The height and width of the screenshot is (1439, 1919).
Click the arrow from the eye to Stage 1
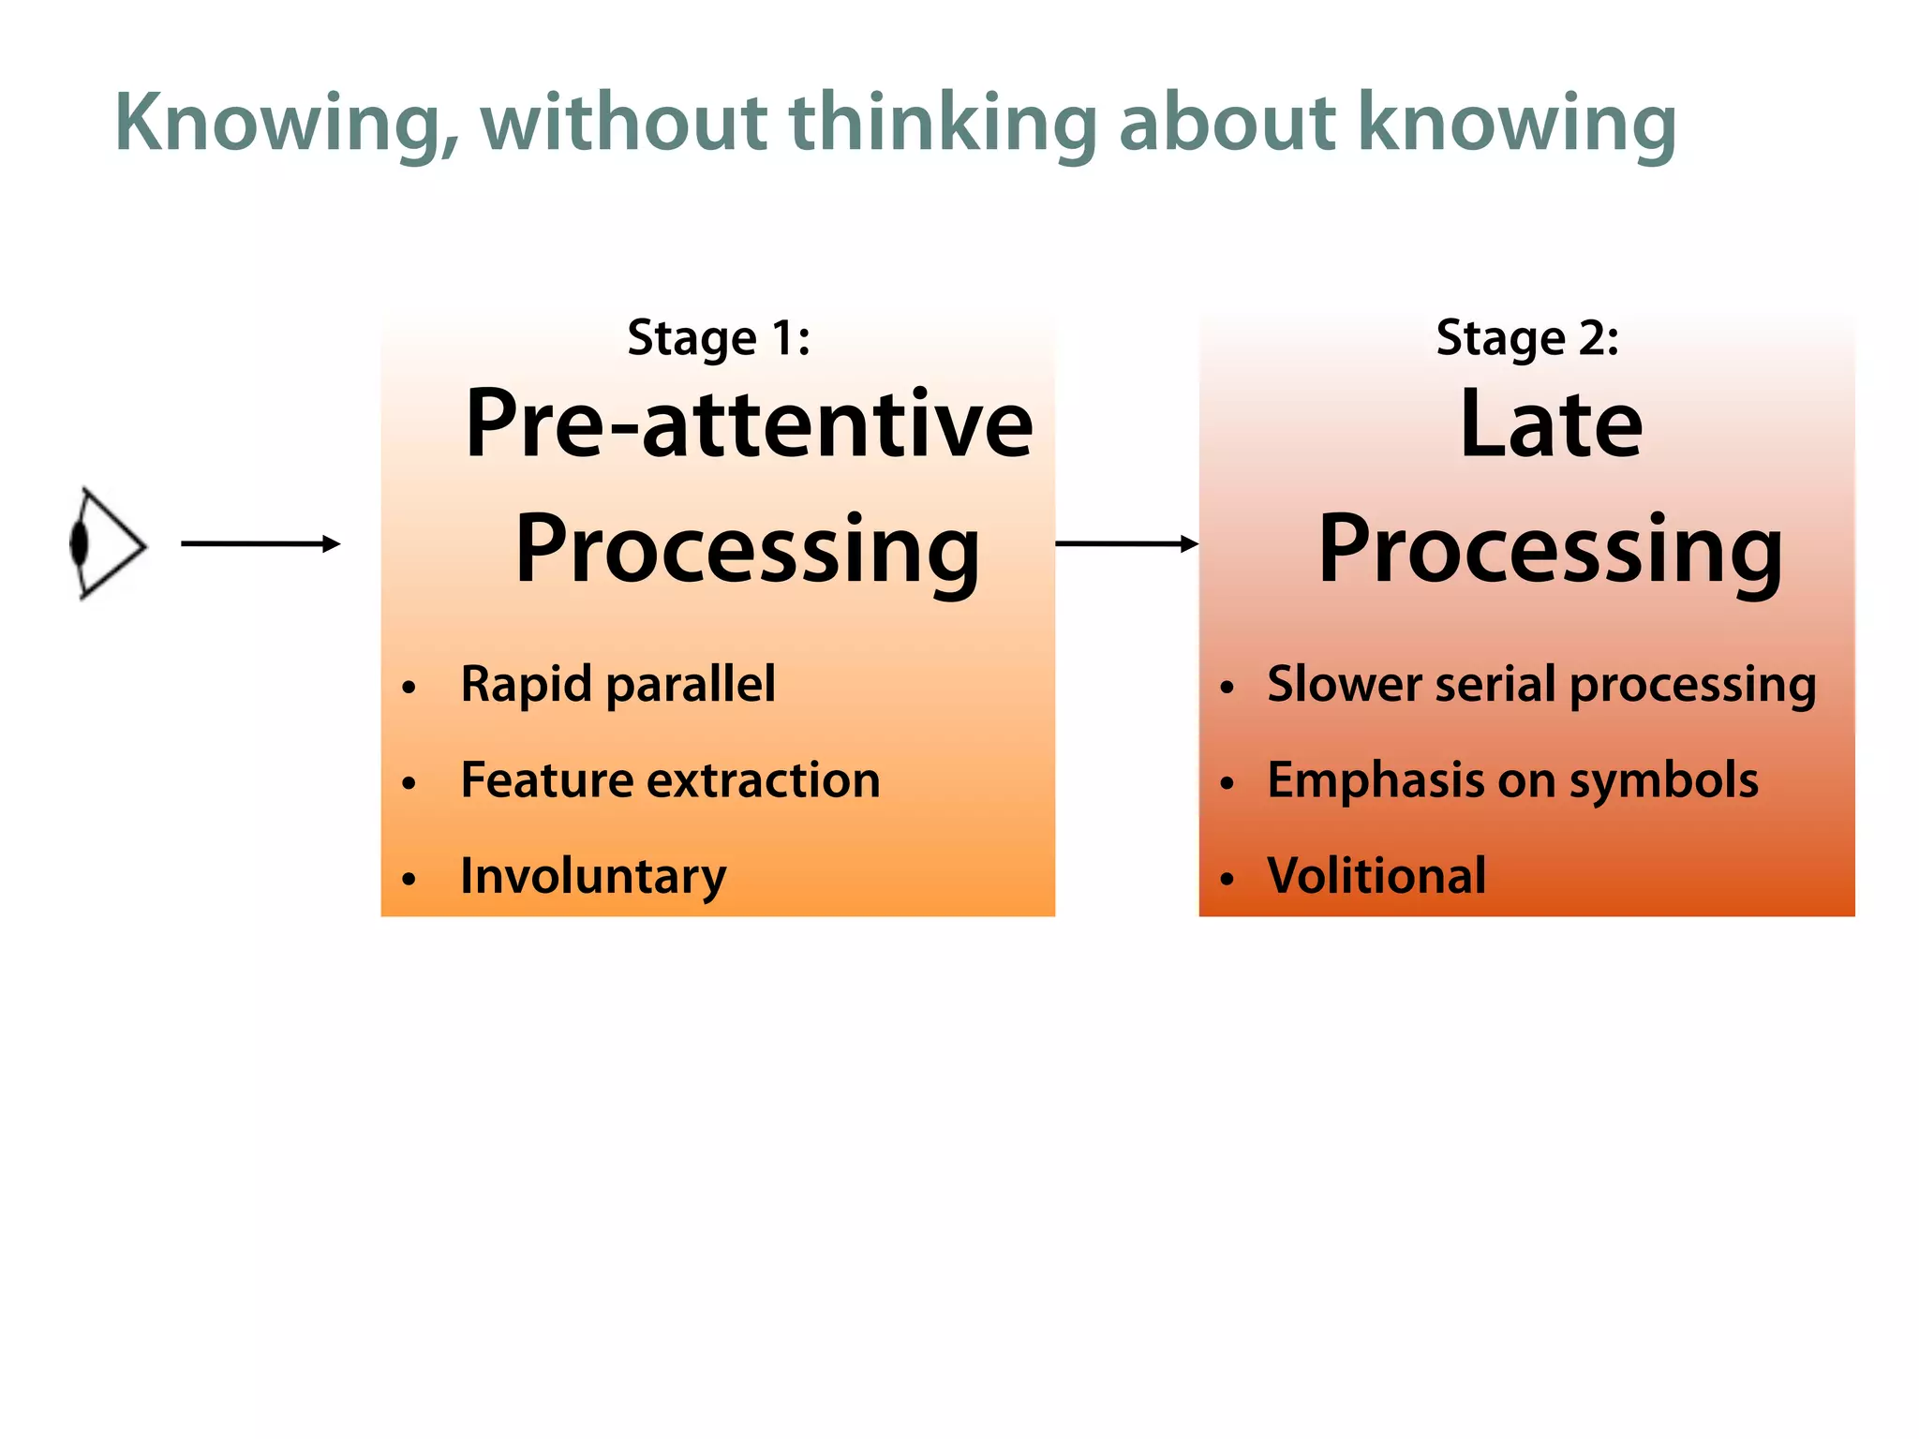[260, 543]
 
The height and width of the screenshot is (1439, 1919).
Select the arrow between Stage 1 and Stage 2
[1126, 543]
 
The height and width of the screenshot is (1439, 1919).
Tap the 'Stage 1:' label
[719, 338]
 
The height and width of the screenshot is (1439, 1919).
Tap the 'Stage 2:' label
[1527, 338]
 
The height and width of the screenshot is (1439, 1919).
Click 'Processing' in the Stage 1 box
[747, 551]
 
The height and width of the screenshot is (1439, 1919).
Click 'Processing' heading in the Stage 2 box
[1550, 551]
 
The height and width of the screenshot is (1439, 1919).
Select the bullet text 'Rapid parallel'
[617, 684]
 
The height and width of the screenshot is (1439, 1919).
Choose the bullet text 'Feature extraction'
[670, 780]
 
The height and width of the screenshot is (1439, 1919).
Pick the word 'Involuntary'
[593, 877]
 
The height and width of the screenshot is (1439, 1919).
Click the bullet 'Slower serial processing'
[1541, 684]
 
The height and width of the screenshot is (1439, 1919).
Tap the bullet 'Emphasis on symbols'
[1512, 780]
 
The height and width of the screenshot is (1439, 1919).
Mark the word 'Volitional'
[1376, 877]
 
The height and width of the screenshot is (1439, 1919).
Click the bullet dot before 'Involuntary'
[409, 879]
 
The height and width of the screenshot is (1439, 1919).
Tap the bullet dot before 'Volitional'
[1227, 879]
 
